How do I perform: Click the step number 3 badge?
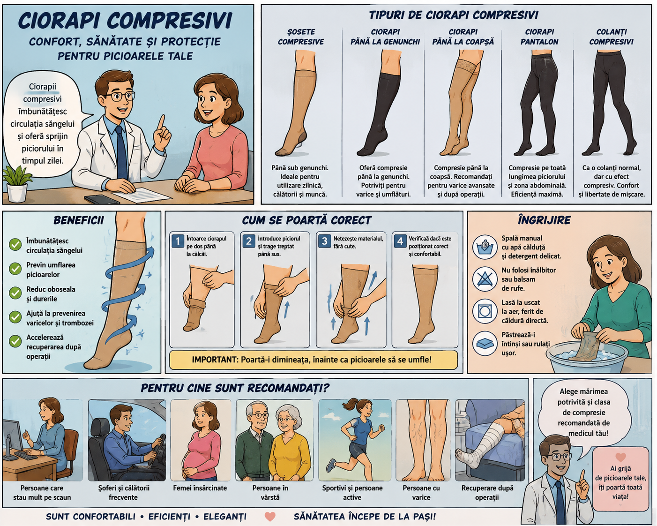point(324,241)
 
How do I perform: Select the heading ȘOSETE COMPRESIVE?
point(301,37)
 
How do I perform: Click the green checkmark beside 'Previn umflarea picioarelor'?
point(15,269)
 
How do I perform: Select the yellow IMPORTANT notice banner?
point(313,360)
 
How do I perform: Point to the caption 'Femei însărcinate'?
point(200,488)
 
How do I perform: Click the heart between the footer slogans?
point(270,517)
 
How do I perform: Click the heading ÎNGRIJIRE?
point(544,220)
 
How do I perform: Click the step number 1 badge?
point(178,241)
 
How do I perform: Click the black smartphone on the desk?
point(102,199)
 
